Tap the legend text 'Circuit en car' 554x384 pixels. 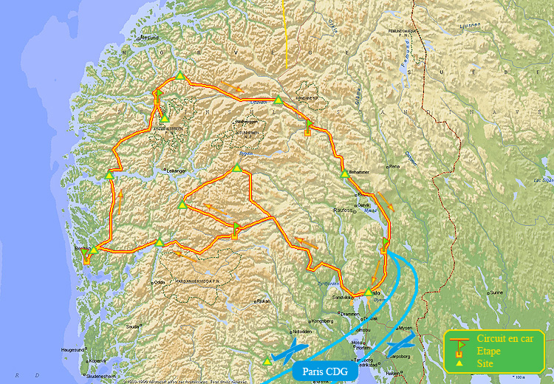pyautogui.click(x=505, y=338)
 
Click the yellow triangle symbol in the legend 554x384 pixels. pyautogui.click(x=459, y=363)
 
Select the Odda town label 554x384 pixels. pyautogui.click(x=159, y=282)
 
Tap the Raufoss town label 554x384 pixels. pyautogui.click(x=344, y=210)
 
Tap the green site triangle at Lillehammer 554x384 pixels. pyautogui.click(x=345, y=174)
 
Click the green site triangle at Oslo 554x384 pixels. pyautogui.click(x=368, y=292)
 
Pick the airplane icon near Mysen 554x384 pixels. pyautogui.click(x=401, y=344)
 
